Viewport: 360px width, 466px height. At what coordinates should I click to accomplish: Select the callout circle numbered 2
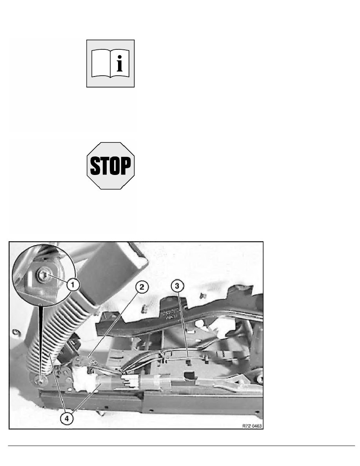click(x=142, y=287)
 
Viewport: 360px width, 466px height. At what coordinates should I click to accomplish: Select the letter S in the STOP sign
click(x=95, y=166)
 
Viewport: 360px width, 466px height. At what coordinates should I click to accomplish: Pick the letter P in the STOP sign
click(x=126, y=166)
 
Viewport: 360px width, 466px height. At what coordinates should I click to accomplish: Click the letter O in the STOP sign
click(x=116, y=166)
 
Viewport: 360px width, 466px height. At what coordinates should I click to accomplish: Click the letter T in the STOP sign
click(x=105, y=166)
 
